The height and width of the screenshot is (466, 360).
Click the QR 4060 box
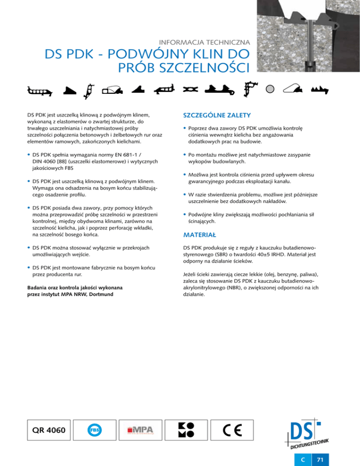coord(45,430)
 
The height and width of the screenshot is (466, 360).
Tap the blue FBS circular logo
coord(94,430)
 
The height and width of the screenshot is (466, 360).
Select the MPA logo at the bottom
coord(143,430)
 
